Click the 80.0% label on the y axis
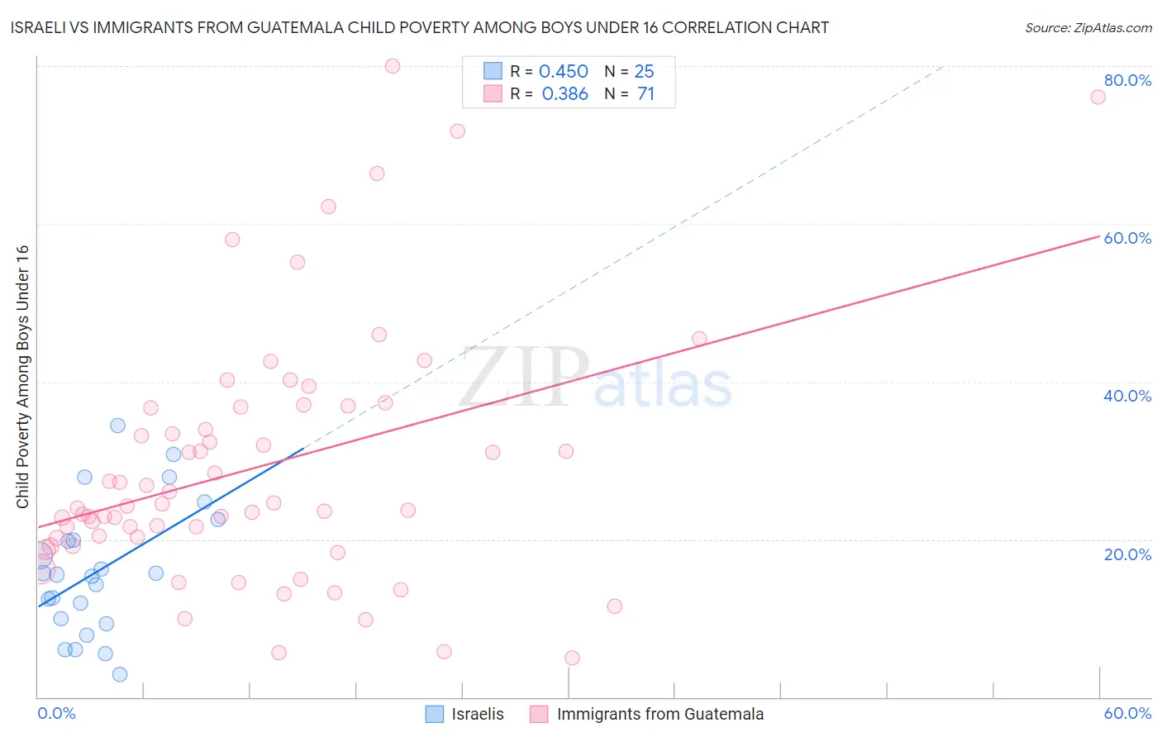(x=1127, y=80)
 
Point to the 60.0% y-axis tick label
(x=1127, y=238)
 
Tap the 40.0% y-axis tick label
(x=1127, y=396)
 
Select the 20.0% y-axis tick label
(x=1127, y=554)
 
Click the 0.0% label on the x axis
(x=56, y=713)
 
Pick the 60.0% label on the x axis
(x=1127, y=713)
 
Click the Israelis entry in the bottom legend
(x=478, y=714)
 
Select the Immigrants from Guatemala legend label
(x=660, y=714)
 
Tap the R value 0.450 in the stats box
(x=563, y=72)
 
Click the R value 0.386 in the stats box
(x=564, y=94)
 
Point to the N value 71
(x=645, y=94)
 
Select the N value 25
(x=644, y=72)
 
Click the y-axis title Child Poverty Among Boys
(x=22, y=377)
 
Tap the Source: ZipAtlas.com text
(x=1088, y=28)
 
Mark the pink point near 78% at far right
(x=1098, y=97)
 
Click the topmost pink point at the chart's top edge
(x=393, y=66)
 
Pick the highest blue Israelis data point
(x=117, y=426)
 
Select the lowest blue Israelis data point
(x=120, y=674)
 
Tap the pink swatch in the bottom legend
(x=539, y=714)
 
